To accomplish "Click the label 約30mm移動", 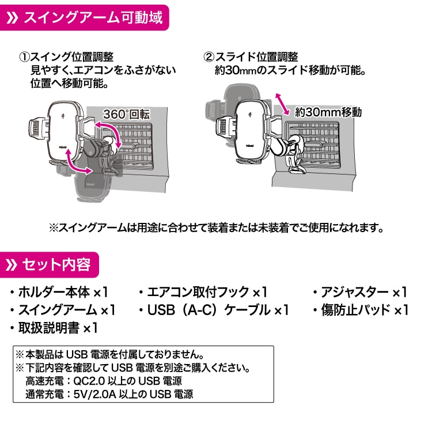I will click(x=328, y=112).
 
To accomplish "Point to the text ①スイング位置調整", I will click(x=66, y=58).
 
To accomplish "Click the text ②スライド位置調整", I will click(x=251, y=58).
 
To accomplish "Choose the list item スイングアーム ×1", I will click(x=63, y=310).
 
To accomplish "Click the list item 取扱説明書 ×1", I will click(x=55, y=328).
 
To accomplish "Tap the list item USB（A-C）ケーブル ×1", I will click(x=213, y=310).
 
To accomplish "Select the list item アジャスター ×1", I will click(x=360, y=292).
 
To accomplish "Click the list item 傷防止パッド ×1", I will click(x=360, y=310).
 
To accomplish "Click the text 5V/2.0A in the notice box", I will click(x=92, y=395).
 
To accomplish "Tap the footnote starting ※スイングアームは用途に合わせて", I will click(x=216, y=228).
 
